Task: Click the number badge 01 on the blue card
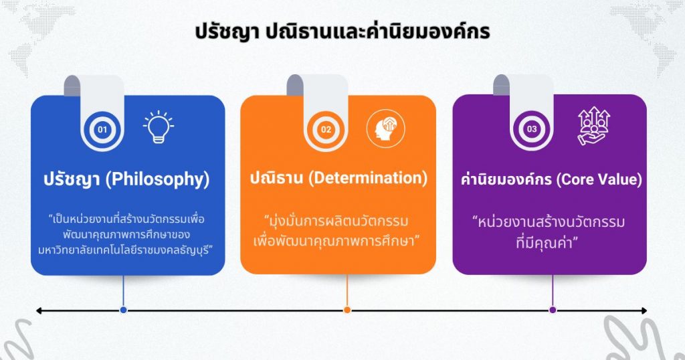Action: tap(102, 128)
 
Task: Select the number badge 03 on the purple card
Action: tap(532, 128)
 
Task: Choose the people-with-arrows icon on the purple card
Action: tap(593, 127)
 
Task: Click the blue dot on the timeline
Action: tap(123, 310)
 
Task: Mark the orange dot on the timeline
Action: tap(347, 310)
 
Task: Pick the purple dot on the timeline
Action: tap(553, 310)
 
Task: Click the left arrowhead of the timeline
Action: tap(39, 310)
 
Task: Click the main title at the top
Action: tap(342, 32)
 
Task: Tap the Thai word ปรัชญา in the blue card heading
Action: tap(72, 179)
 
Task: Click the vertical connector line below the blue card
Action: tap(123, 291)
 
